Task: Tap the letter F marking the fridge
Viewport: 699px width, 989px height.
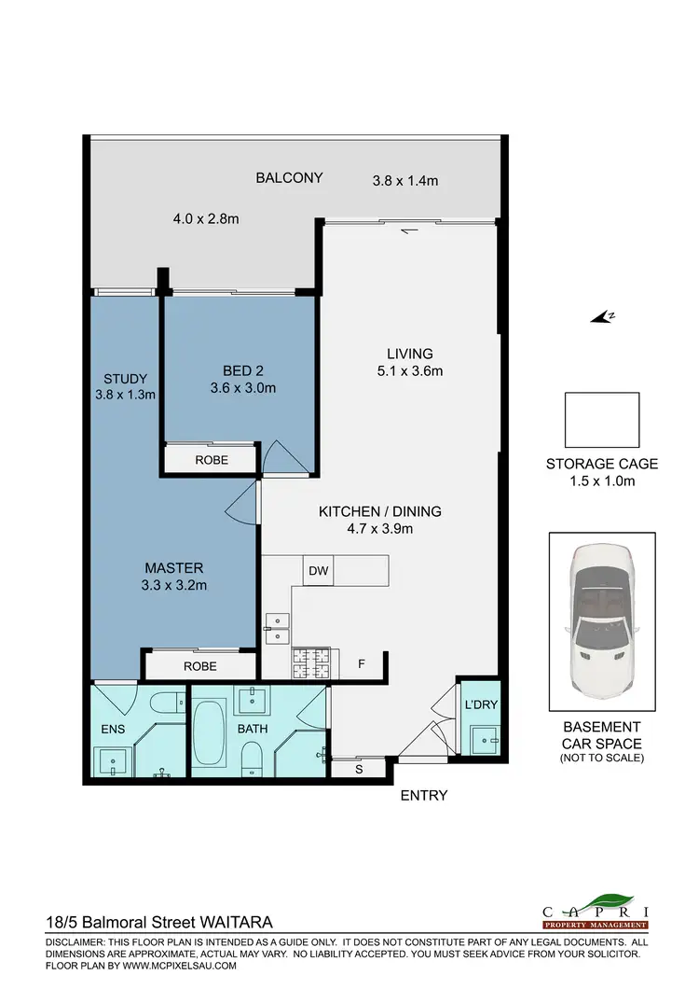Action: (x=362, y=664)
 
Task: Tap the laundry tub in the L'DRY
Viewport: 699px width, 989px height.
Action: (x=483, y=739)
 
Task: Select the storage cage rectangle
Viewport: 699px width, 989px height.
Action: (x=602, y=419)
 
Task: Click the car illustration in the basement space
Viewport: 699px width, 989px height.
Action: (x=602, y=625)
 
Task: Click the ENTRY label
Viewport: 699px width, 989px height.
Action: (x=424, y=796)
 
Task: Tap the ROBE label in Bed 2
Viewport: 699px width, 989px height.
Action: (x=212, y=461)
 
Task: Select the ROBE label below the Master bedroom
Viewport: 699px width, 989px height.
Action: (x=199, y=666)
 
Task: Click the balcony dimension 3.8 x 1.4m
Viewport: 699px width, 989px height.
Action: (x=404, y=181)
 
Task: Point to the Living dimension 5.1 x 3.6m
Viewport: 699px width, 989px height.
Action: (x=410, y=370)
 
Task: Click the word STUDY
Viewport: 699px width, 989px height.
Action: (x=125, y=379)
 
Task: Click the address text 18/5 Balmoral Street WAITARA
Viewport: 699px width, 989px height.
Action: (x=159, y=920)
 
